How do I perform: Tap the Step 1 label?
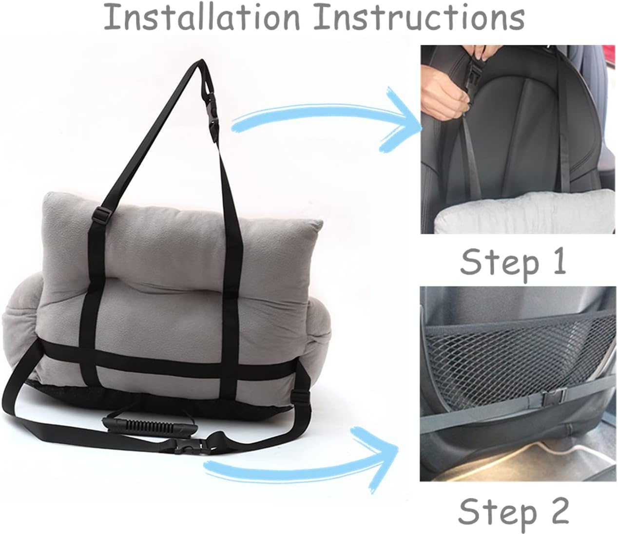(513, 264)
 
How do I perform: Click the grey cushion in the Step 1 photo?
(524, 211)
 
